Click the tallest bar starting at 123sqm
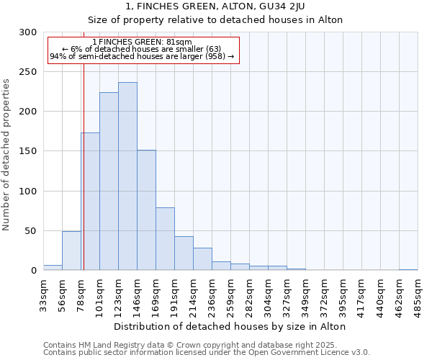(127, 176)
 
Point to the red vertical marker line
(84, 166)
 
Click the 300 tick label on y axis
(28, 32)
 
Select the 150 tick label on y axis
(28, 151)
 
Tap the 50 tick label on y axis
(31, 231)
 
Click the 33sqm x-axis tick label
(43, 293)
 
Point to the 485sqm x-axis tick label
(418, 293)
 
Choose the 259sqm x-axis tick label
(230, 293)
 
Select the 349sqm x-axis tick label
(305, 293)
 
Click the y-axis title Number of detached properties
(6, 156)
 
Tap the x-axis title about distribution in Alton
(230, 326)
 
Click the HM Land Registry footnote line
(204, 345)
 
